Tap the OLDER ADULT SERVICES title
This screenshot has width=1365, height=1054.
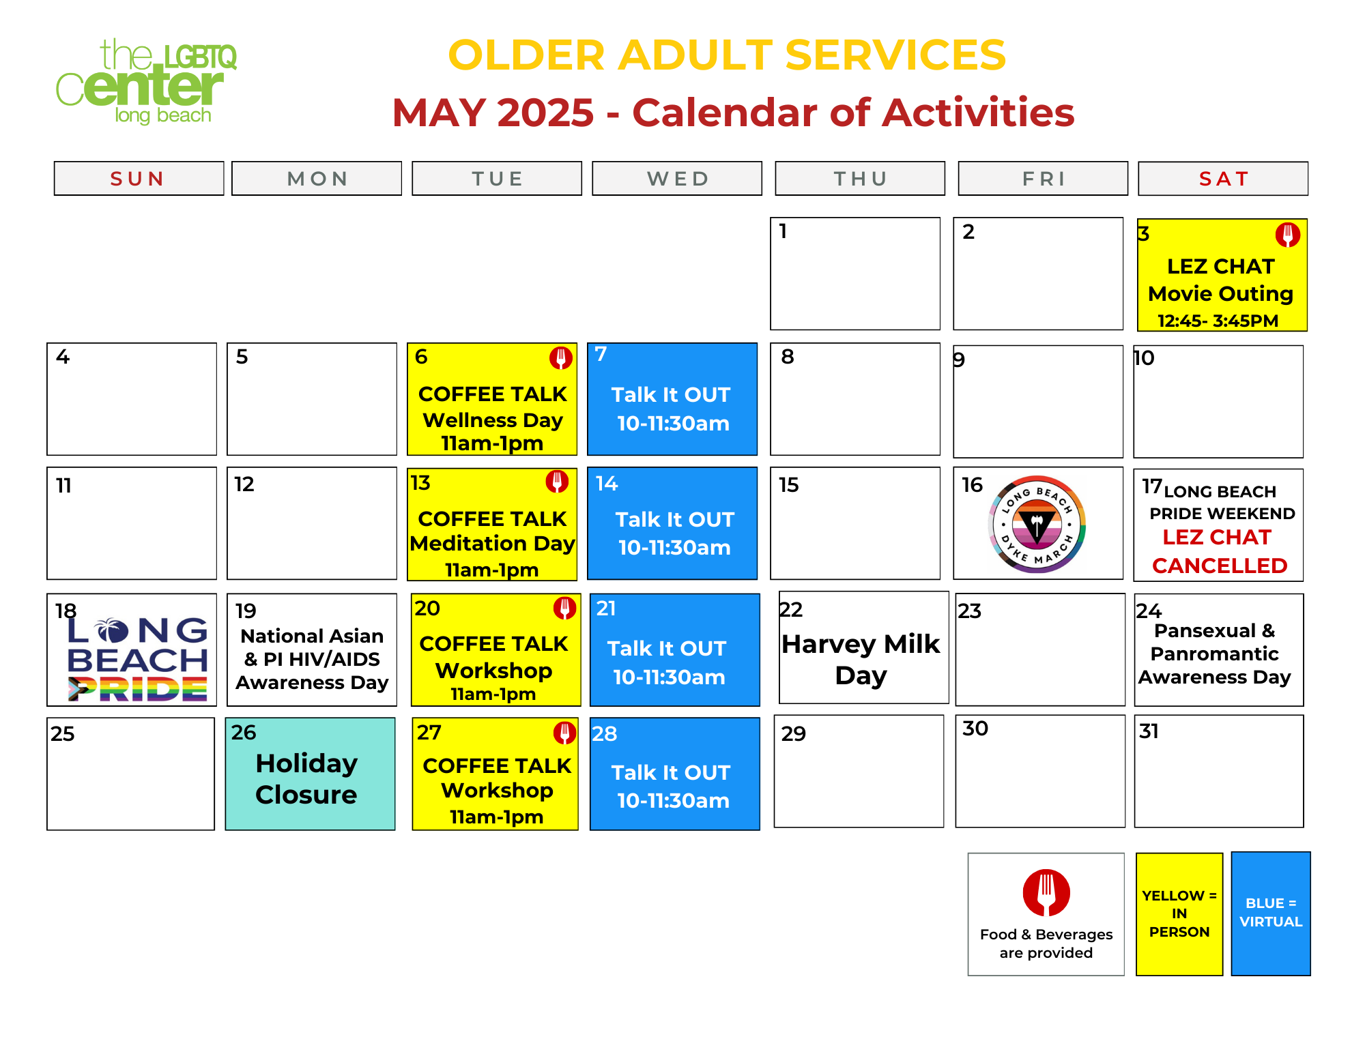[727, 55]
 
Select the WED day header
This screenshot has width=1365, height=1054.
[677, 179]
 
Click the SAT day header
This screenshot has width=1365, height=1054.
[1223, 179]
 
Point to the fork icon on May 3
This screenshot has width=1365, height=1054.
[1288, 235]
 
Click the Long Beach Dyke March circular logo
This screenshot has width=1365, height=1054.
[1037, 524]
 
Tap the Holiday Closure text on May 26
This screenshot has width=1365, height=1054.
[306, 778]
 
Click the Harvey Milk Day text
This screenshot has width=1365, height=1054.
[861, 659]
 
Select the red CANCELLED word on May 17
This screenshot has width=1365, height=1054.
[1220, 566]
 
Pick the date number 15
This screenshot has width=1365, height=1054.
[789, 485]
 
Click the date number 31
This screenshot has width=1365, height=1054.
[1149, 731]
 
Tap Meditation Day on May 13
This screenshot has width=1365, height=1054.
[492, 544]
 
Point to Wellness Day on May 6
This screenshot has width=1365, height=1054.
[493, 420]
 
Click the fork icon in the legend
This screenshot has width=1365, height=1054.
[1046, 892]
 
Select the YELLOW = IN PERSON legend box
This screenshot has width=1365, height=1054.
[1179, 914]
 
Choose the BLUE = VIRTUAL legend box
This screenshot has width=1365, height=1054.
[1271, 913]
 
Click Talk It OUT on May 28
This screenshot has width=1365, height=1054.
[671, 773]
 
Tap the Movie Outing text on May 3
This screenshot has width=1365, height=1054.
[1220, 294]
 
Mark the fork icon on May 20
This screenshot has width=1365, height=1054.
[564, 608]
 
